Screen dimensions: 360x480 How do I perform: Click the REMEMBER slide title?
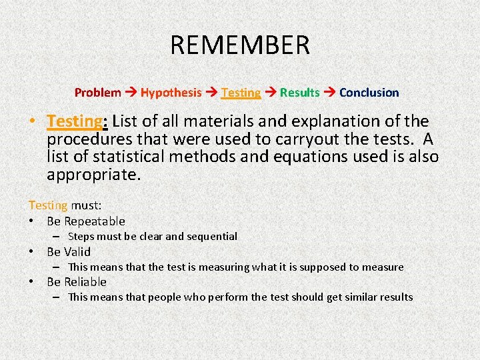click(240, 45)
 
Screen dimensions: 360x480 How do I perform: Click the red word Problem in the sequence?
click(97, 93)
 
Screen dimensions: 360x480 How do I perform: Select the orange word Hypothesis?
click(171, 93)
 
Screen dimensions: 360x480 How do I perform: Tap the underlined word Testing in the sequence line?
click(241, 93)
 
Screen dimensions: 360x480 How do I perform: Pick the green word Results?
click(299, 93)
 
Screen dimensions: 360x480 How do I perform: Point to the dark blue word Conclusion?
click(369, 93)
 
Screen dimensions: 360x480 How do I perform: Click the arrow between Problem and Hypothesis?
click(131, 93)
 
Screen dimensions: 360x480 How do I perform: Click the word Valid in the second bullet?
click(77, 252)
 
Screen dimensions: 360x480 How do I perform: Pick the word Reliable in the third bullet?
click(85, 282)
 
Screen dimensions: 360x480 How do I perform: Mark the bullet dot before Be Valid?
click(32, 252)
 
